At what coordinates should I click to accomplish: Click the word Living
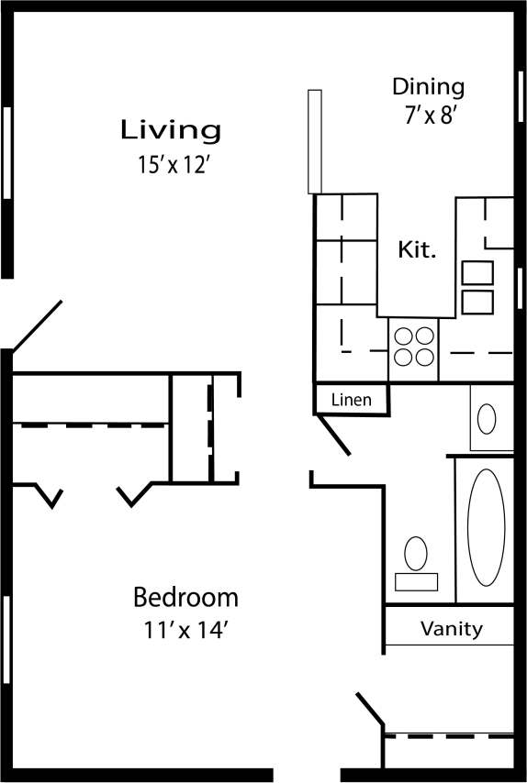(x=171, y=130)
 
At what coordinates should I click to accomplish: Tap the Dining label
(x=428, y=87)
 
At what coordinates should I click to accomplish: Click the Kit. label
(x=416, y=249)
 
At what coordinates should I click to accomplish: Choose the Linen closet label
(x=351, y=400)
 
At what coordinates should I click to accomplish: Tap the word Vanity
(x=451, y=629)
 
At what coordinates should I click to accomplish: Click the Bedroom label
(x=185, y=599)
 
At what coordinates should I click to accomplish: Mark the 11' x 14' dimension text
(x=185, y=631)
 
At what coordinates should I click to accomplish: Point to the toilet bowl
(x=416, y=553)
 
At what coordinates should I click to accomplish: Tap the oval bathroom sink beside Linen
(x=487, y=418)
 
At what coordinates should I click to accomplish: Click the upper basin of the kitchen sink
(x=477, y=273)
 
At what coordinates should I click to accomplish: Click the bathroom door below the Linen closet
(x=332, y=434)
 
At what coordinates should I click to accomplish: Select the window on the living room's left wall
(x=7, y=152)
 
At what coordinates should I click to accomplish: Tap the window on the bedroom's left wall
(x=7, y=640)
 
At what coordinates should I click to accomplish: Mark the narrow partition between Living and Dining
(x=314, y=140)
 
